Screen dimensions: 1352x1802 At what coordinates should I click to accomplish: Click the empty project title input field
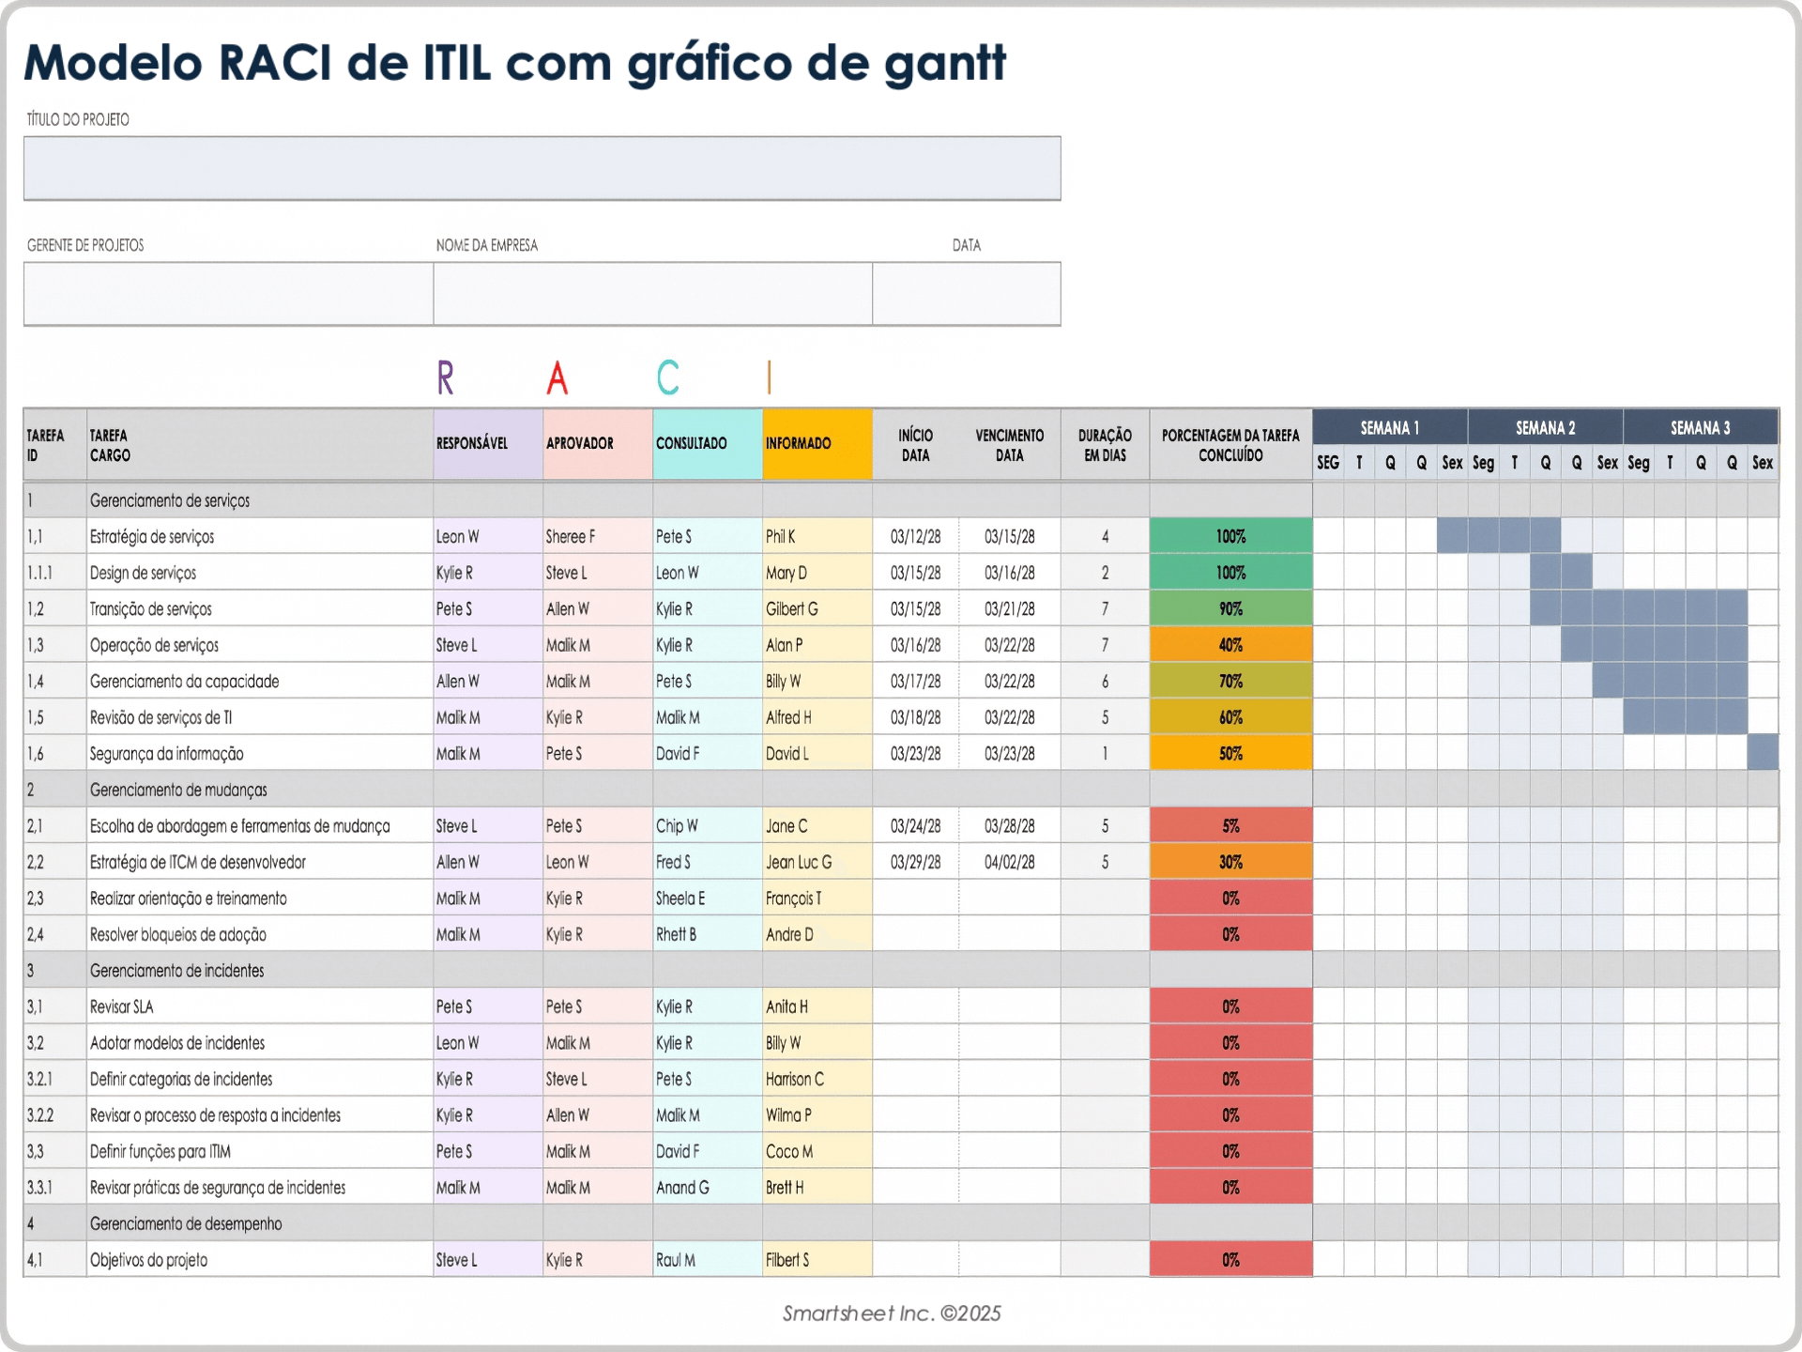542,168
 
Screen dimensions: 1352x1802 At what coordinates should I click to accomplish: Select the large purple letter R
446,377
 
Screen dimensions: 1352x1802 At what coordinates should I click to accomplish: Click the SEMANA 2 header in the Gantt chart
1545,428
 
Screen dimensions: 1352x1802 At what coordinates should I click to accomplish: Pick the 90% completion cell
1230,609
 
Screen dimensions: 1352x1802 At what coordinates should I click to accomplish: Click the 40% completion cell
1230,645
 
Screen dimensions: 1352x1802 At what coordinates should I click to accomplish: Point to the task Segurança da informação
167,754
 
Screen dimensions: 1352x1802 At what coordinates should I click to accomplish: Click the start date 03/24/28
915,826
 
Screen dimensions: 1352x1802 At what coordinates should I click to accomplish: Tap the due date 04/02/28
1009,862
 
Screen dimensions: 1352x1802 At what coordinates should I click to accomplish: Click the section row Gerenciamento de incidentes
177,971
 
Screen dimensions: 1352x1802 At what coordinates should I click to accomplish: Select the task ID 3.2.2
40,1115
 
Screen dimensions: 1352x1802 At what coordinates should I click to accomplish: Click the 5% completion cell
1230,826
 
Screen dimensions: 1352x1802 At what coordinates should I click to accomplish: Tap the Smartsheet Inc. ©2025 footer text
892,1314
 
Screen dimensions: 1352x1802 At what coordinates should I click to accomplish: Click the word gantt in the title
945,64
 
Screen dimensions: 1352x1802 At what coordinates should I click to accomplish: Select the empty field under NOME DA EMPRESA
652,294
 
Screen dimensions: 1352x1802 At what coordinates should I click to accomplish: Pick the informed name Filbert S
787,1260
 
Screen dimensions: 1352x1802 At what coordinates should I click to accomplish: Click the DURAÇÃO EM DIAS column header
1105,445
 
